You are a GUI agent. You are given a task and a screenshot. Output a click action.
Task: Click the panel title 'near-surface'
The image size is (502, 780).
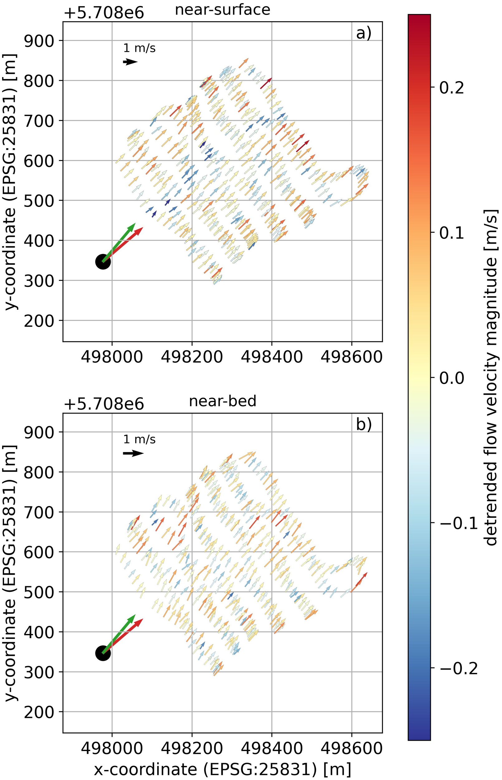(x=223, y=10)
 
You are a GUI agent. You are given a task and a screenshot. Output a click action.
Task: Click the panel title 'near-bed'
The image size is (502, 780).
(x=223, y=401)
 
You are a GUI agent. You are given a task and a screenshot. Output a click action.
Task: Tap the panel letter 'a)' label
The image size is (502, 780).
(x=364, y=33)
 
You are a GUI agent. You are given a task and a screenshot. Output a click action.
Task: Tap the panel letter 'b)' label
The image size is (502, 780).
(x=364, y=425)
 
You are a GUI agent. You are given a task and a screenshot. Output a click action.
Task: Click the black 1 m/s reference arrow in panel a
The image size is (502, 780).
(x=130, y=62)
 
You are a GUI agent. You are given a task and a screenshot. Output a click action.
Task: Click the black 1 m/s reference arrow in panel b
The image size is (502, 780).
(x=133, y=453)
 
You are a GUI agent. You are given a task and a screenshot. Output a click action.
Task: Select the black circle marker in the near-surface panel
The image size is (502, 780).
(x=103, y=261)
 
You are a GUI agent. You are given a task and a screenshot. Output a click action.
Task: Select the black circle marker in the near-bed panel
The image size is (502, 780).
(x=103, y=653)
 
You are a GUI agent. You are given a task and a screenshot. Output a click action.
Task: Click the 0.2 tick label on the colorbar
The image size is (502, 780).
(x=451, y=88)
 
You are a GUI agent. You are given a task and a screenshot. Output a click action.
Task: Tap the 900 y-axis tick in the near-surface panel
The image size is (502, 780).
(x=39, y=41)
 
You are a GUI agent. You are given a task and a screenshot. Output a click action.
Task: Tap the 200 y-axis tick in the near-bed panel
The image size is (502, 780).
(x=39, y=712)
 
